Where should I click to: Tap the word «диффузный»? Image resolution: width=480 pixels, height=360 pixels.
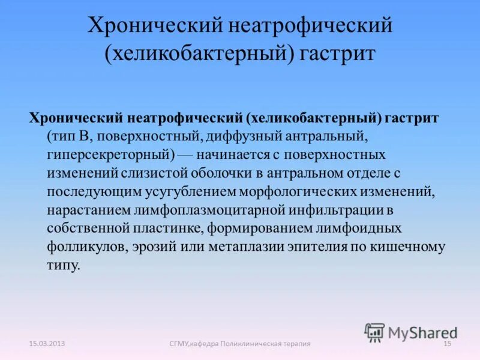tap(239, 137)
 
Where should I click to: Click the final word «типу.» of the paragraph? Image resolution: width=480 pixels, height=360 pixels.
tap(62, 266)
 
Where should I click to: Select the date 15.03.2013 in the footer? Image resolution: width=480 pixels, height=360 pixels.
tap(47, 343)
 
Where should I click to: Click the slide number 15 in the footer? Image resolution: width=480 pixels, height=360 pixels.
tap(446, 343)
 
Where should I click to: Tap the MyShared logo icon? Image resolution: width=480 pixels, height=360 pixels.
tap(375, 332)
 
